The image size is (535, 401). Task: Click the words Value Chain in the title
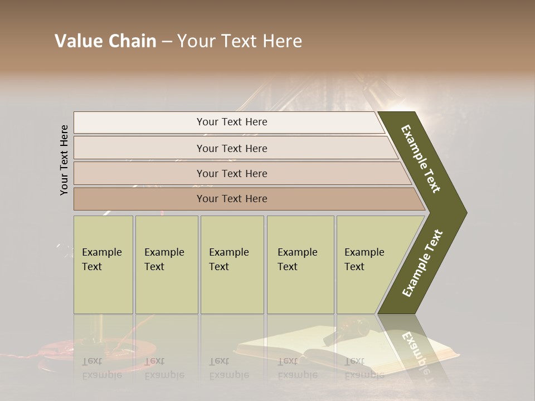[x=105, y=41]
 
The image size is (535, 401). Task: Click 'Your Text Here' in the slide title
[x=240, y=41]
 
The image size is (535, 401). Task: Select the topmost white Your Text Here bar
[x=232, y=122]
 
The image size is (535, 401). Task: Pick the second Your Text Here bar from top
[x=232, y=148]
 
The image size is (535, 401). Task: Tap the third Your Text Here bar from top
[x=232, y=173]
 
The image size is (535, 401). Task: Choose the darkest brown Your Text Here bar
[x=232, y=199]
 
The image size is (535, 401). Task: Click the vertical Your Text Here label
[x=64, y=160]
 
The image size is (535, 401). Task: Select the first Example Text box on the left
[x=103, y=265]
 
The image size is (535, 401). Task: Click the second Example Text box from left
[x=167, y=265]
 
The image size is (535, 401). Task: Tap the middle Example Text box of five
[x=232, y=265]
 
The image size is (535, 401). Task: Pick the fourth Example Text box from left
[x=300, y=265]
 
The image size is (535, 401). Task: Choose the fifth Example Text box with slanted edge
[x=368, y=265]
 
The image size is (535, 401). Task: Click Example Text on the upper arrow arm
[x=421, y=159]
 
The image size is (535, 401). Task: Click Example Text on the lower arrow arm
[x=422, y=263]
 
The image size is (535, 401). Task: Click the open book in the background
[x=346, y=351]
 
